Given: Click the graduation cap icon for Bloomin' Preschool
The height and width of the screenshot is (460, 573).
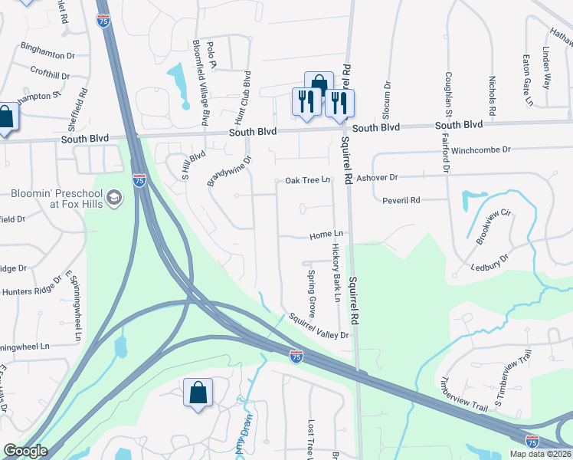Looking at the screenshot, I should tap(115, 199).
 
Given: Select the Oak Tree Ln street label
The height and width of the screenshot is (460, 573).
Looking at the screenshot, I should tap(307, 180).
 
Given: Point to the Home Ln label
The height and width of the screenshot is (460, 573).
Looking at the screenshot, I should tap(326, 235).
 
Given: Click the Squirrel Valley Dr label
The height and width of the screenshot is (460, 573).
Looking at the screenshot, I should tap(318, 327).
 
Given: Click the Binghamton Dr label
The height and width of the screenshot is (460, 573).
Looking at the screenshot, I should tap(47, 56).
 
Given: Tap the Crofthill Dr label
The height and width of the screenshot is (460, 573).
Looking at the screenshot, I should tap(50, 76).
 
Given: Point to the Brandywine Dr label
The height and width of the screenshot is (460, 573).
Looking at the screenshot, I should tap(229, 172).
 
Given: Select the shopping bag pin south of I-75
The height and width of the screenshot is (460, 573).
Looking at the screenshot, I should tap(198, 393).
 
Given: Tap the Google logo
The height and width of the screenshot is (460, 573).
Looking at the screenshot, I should tap(25, 451).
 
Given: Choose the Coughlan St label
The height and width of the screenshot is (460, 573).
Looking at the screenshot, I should tap(449, 96).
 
